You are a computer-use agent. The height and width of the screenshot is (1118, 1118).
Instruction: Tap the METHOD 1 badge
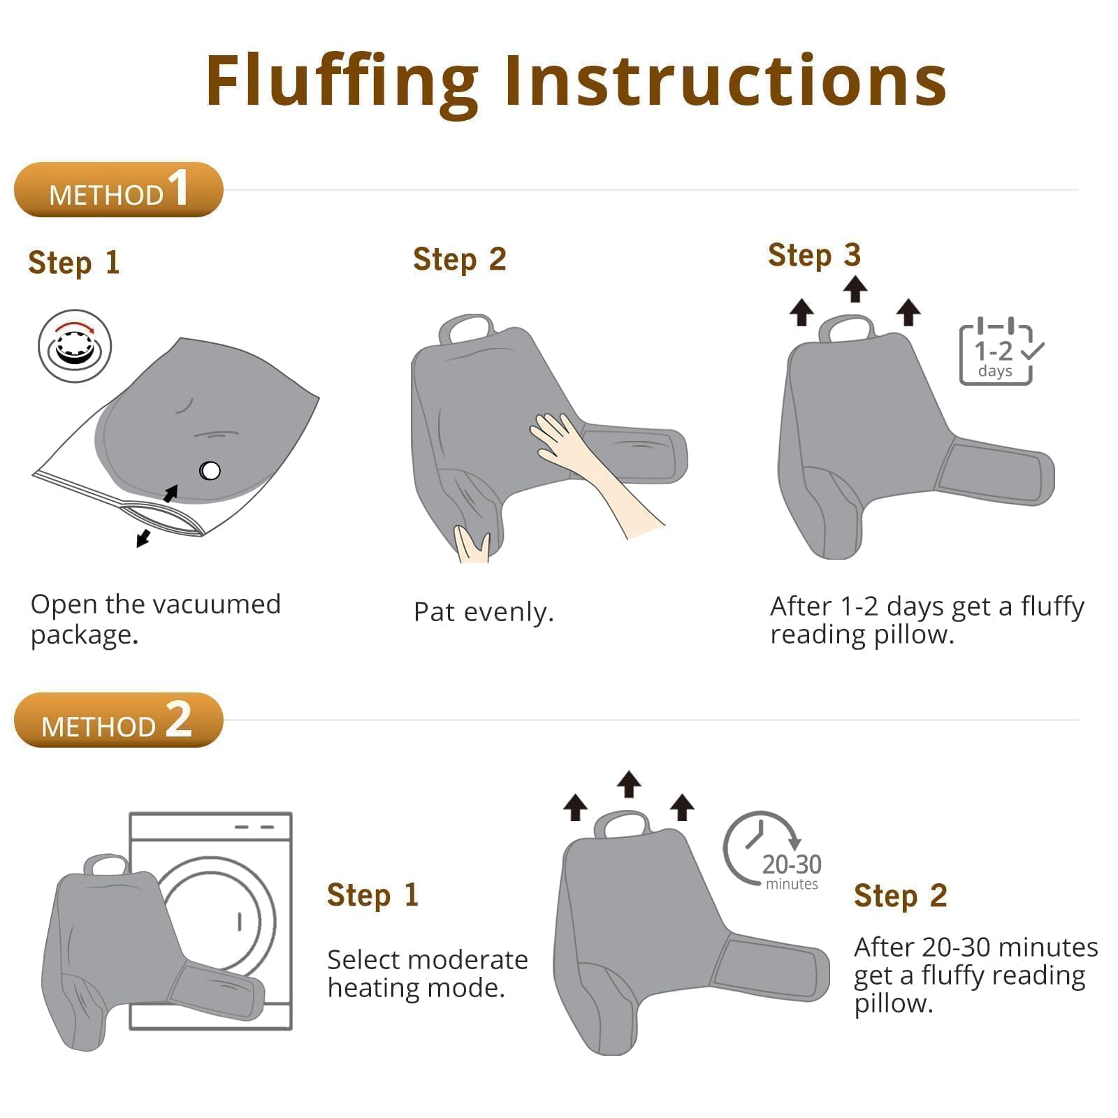[119, 189]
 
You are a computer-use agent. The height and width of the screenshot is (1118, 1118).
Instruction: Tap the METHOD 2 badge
[119, 720]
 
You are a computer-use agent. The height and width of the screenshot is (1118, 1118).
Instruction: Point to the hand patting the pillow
[594, 472]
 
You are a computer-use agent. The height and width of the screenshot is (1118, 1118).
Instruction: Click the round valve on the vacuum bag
[210, 471]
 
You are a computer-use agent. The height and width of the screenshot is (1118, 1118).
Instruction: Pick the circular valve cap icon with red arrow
[75, 347]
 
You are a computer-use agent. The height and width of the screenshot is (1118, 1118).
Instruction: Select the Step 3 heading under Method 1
[814, 256]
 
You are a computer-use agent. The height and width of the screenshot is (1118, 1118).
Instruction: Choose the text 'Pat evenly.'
[484, 612]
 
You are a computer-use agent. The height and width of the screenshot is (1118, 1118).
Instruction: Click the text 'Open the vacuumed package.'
[155, 619]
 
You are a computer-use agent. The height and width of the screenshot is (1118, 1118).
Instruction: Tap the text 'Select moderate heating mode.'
[427, 973]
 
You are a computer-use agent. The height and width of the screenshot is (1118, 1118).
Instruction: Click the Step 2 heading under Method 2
[900, 896]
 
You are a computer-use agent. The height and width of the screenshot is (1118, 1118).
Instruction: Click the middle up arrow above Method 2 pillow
[629, 784]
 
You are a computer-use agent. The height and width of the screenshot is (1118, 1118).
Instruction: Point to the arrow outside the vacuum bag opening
[143, 537]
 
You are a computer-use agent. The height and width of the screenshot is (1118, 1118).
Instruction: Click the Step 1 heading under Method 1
[74, 263]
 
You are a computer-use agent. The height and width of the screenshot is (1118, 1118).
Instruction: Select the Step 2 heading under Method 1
[459, 260]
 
